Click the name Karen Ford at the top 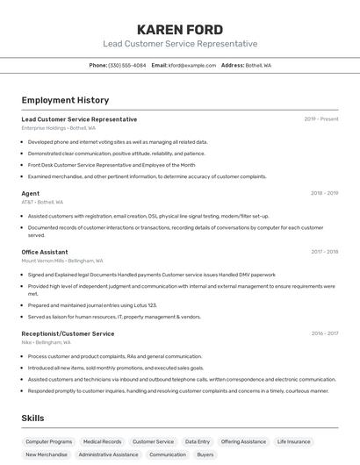[x=179, y=29]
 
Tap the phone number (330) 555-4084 [x=127, y=65]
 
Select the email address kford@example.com [x=192, y=65]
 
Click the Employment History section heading [x=65, y=100]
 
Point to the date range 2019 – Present [x=321, y=119]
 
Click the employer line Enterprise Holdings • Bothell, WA [x=58, y=128]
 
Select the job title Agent [x=31, y=193]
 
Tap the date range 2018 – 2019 [x=324, y=193]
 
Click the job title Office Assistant [x=45, y=252]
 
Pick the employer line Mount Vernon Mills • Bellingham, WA [x=62, y=261]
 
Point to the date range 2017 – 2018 [x=324, y=252]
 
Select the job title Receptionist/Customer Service [x=68, y=333]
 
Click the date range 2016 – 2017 [x=324, y=333]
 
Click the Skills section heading [x=32, y=418]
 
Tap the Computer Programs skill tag [x=49, y=441]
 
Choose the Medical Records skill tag [x=102, y=441]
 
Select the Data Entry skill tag [x=198, y=441]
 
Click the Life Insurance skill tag [x=293, y=441]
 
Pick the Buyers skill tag [x=205, y=454]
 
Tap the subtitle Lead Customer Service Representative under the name [x=180, y=44]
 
